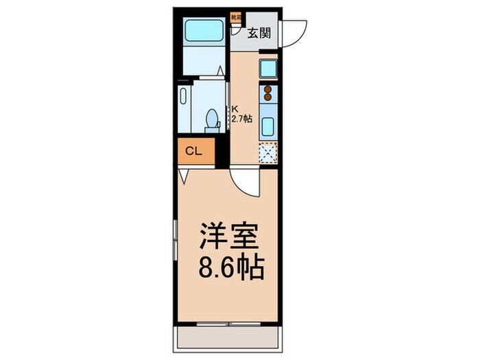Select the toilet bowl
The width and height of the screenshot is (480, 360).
click(x=213, y=119)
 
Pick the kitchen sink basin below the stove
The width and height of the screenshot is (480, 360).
click(x=267, y=126)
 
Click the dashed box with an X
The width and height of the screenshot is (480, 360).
click(x=267, y=153)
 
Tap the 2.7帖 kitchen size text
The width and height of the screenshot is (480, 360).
click(x=241, y=119)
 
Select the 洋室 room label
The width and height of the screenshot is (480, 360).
click(x=229, y=237)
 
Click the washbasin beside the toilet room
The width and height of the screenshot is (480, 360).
click(x=184, y=108)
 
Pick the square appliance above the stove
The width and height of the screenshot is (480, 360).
click(x=267, y=69)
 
